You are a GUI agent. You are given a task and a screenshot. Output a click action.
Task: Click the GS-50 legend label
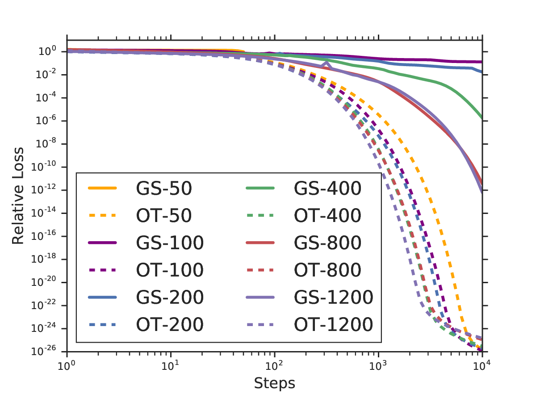point(163,188)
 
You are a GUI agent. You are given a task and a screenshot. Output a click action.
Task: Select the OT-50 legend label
point(163,216)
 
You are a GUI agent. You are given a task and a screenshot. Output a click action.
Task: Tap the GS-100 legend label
point(169,243)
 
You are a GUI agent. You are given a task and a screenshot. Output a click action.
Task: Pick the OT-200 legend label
point(169,324)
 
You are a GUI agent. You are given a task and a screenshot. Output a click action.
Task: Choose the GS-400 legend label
point(327,188)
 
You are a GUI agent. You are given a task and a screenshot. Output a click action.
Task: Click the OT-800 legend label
point(327,270)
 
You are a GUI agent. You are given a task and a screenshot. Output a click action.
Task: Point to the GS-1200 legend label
point(333,297)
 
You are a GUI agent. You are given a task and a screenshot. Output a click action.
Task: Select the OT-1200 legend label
point(333,324)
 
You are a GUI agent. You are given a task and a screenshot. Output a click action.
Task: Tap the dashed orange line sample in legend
point(102,216)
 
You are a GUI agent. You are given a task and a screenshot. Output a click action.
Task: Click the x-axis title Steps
point(274,383)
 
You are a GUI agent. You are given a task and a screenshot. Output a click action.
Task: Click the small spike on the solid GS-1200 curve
point(327,62)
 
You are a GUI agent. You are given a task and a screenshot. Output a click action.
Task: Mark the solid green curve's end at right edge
point(482,118)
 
